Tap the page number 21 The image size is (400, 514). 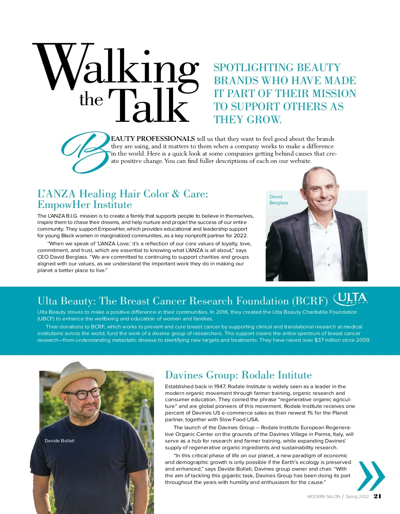pos(377,496)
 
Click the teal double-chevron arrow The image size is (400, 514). pos(371,476)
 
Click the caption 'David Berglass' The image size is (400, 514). pos(279,200)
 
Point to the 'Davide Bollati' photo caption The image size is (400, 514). pos(59,441)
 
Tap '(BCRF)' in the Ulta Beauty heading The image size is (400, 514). pos(310,301)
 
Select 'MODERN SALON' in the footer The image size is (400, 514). pos(323,497)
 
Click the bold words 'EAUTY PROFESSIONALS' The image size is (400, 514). pos(153,139)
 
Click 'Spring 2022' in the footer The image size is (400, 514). pos(357,497)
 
